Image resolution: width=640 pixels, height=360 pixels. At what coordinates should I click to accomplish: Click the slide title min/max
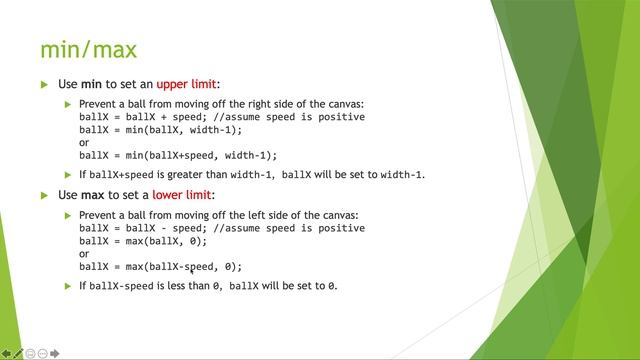coord(88,49)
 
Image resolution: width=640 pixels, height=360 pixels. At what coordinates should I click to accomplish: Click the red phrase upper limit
coord(186,85)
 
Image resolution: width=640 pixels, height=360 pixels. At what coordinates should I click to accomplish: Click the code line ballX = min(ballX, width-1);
coord(160,130)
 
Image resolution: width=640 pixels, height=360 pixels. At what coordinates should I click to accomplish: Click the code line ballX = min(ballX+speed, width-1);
coord(178,156)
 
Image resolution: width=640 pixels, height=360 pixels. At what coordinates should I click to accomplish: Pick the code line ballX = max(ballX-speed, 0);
coord(160,267)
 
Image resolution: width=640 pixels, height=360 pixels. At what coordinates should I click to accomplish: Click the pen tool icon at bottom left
coord(18,353)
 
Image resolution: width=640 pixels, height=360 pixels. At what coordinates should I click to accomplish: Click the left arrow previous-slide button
coord(6,353)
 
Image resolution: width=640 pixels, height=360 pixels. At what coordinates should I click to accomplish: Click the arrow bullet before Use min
coord(44,85)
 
